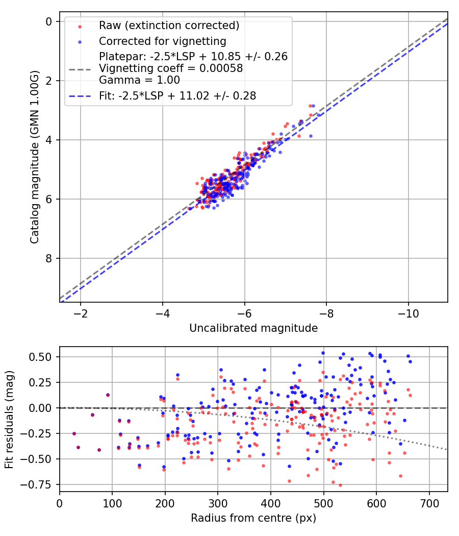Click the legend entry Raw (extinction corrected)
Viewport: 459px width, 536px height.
click(x=169, y=26)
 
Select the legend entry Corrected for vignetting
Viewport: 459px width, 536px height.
click(x=163, y=41)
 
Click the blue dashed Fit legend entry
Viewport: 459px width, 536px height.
click(x=177, y=95)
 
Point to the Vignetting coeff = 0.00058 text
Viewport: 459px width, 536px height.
click(x=171, y=68)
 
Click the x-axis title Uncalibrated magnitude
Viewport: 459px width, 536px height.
click(x=253, y=328)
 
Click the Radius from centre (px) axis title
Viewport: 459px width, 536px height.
click(x=253, y=518)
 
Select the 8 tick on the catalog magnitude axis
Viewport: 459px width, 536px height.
click(x=49, y=258)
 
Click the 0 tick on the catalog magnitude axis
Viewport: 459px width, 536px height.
click(x=49, y=21)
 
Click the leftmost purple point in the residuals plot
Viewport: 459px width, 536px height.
click(x=74, y=433)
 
